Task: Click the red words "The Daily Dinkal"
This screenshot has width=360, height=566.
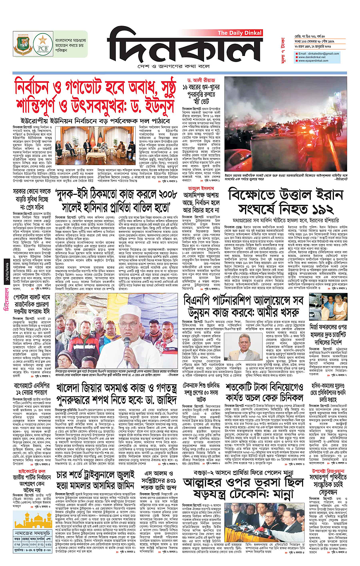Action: pos(240,34)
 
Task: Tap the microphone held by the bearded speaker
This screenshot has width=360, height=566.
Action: pos(126,342)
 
